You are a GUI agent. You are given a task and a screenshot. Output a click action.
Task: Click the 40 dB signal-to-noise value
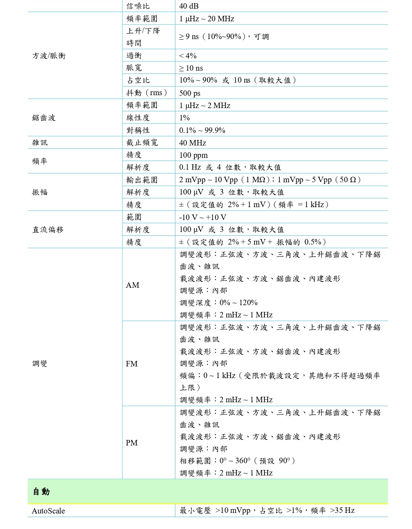pos(189,6)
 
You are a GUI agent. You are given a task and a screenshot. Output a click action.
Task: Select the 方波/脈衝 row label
pos(49,56)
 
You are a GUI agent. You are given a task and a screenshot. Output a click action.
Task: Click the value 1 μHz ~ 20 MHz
pos(207,19)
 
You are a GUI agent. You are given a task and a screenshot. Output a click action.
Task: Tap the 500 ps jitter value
pos(190,93)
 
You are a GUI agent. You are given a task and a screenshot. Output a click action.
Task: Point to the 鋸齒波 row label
pos(44,118)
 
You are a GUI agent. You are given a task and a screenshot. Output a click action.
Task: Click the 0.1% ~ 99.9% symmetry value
pos(202,130)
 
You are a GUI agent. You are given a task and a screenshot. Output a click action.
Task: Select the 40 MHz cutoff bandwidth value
pos(192,143)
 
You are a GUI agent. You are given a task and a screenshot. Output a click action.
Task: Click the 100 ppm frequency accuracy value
pos(193,155)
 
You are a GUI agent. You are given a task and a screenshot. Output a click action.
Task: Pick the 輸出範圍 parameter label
pos(142,180)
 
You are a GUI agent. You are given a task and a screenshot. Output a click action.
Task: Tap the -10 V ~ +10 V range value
pos(203,217)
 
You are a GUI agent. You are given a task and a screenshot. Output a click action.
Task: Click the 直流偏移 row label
pos(48,230)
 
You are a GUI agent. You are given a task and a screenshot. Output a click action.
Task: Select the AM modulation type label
pos(132,285)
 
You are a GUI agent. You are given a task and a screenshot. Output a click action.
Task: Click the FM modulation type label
pos(132,364)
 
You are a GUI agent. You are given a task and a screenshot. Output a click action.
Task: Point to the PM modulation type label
pos(132,443)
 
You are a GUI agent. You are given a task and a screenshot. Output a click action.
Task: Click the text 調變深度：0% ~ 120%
pos(219,303)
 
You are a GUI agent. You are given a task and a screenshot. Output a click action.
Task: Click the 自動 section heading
pos(41,492)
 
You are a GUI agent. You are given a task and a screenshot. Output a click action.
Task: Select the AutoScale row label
pos(48,511)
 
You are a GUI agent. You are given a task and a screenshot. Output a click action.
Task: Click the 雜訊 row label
pos(40,143)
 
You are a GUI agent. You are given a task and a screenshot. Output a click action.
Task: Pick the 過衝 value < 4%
pos(188,56)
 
